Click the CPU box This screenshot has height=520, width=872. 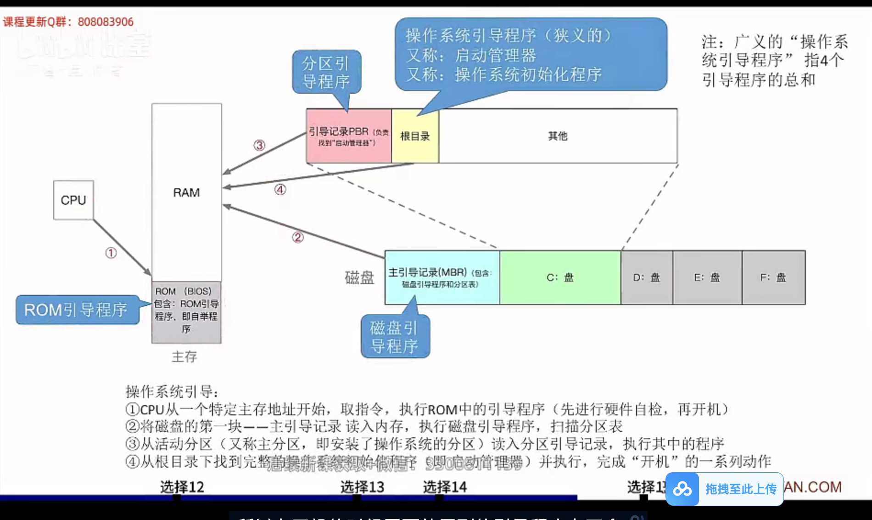(x=73, y=200)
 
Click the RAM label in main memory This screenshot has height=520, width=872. (x=186, y=192)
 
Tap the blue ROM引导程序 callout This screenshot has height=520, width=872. (x=77, y=310)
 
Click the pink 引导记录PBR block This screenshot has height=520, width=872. (x=348, y=136)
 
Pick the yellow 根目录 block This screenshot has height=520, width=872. (x=415, y=136)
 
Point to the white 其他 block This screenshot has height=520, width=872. (x=558, y=136)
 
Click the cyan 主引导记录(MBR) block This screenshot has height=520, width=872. (x=442, y=277)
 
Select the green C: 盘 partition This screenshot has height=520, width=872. (x=560, y=277)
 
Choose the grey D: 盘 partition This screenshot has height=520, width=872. (x=647, y=277)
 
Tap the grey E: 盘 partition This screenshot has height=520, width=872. (x=707, y=277)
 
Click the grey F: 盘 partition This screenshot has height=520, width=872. (x=773, y=277)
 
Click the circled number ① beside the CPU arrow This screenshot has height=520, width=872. (x=111, y=253)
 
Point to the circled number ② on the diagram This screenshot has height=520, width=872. (x=298, y=237)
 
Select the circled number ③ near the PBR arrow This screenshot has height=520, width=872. (x=259, y=145)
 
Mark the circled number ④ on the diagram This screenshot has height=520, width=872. (x=280, y=189)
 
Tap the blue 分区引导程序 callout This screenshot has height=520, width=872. (x=326, y=72)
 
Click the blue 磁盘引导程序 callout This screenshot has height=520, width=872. (x=395, y=337)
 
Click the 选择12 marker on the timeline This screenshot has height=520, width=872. (x=182, y=487)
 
